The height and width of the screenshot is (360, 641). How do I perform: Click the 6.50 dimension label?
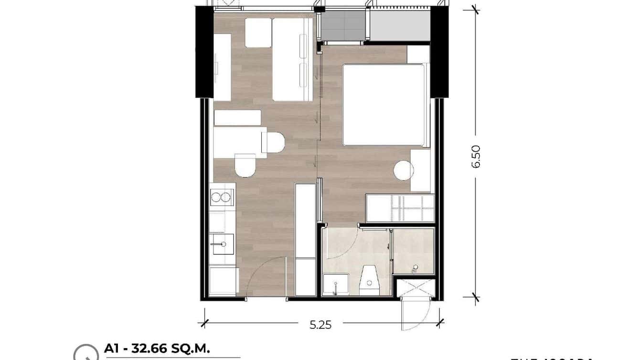(x=476, y=156)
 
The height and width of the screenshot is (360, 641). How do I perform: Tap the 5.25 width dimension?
(x=320, y=325)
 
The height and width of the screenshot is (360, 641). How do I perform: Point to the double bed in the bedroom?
(x=383, y=105)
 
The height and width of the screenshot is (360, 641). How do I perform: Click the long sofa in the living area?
(x=292, y=60)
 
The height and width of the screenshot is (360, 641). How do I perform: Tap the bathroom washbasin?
(x=335, y=285)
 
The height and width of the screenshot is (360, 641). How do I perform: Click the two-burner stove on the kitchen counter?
(x=222, y=197)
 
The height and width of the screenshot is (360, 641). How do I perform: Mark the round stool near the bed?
(x=403, y=170)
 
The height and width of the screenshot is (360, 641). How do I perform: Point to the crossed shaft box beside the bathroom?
(x=415, y=288)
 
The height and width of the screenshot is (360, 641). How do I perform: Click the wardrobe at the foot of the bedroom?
(x=400, y=208)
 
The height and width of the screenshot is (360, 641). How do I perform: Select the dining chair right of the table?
(x=273, y=142)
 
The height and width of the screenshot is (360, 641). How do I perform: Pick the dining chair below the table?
(x=246, y=165)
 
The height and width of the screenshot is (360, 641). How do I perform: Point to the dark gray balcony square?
(x=342, y=26)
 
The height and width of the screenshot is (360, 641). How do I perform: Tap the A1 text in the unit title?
(x=113, y=349)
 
